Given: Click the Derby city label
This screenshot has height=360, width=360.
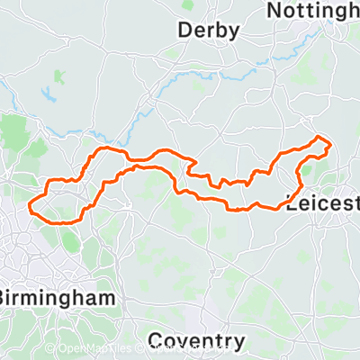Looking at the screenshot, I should point(209,31).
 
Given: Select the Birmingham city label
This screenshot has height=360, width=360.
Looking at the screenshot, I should point(60,296).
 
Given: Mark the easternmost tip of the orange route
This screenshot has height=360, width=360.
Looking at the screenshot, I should point(332,144).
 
